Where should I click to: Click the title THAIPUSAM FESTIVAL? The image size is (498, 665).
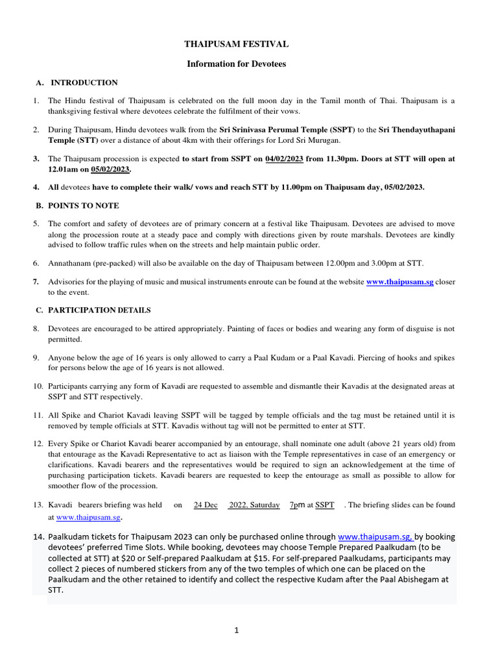tap(236, 44)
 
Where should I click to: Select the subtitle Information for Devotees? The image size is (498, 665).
tap(236, 64)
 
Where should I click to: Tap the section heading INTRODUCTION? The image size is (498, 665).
tap(84, 82)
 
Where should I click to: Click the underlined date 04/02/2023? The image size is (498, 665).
tap(282, 158)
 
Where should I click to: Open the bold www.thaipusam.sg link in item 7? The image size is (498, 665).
tap(399, 281)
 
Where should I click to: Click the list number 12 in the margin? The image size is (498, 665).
tap(38, 444)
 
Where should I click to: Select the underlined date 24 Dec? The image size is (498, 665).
tap(206, 505)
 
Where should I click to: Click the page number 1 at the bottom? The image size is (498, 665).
tap(237, 630)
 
